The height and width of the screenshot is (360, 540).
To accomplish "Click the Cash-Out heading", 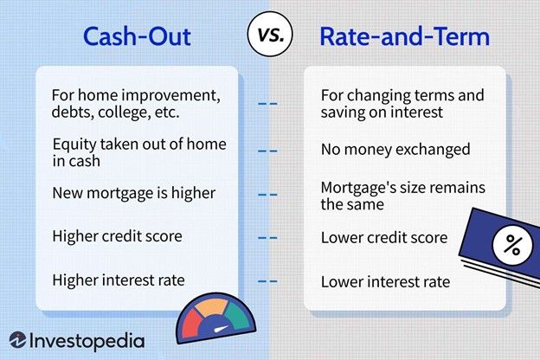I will tap(137, 36).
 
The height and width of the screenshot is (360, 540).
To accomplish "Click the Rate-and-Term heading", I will tap(404, 36).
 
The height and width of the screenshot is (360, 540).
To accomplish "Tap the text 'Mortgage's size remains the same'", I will tap(402, 195).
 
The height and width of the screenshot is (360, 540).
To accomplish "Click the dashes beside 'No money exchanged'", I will tap(268, 150).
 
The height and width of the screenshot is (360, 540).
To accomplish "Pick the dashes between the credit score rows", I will tap(268, 236).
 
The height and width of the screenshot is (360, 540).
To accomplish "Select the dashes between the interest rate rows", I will tap(268, 280).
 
